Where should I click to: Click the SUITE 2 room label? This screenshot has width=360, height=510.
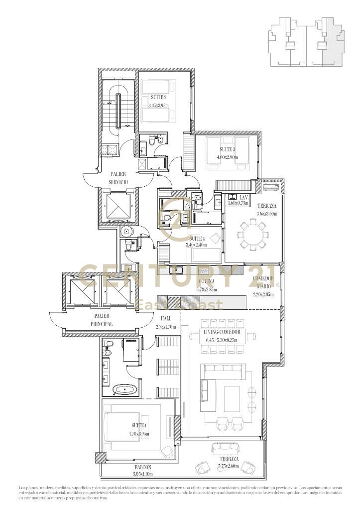tap(158, 98)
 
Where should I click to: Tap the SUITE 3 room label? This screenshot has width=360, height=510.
tap(227, 149)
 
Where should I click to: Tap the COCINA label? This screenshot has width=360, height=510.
tap(193, 282)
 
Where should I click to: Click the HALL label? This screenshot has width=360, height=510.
tap(166, 318)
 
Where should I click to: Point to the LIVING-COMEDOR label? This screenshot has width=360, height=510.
tap(222, 332)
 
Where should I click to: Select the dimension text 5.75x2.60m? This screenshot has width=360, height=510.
tap(229, 467)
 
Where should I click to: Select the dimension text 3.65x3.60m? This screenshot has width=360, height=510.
tap(267, 214)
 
